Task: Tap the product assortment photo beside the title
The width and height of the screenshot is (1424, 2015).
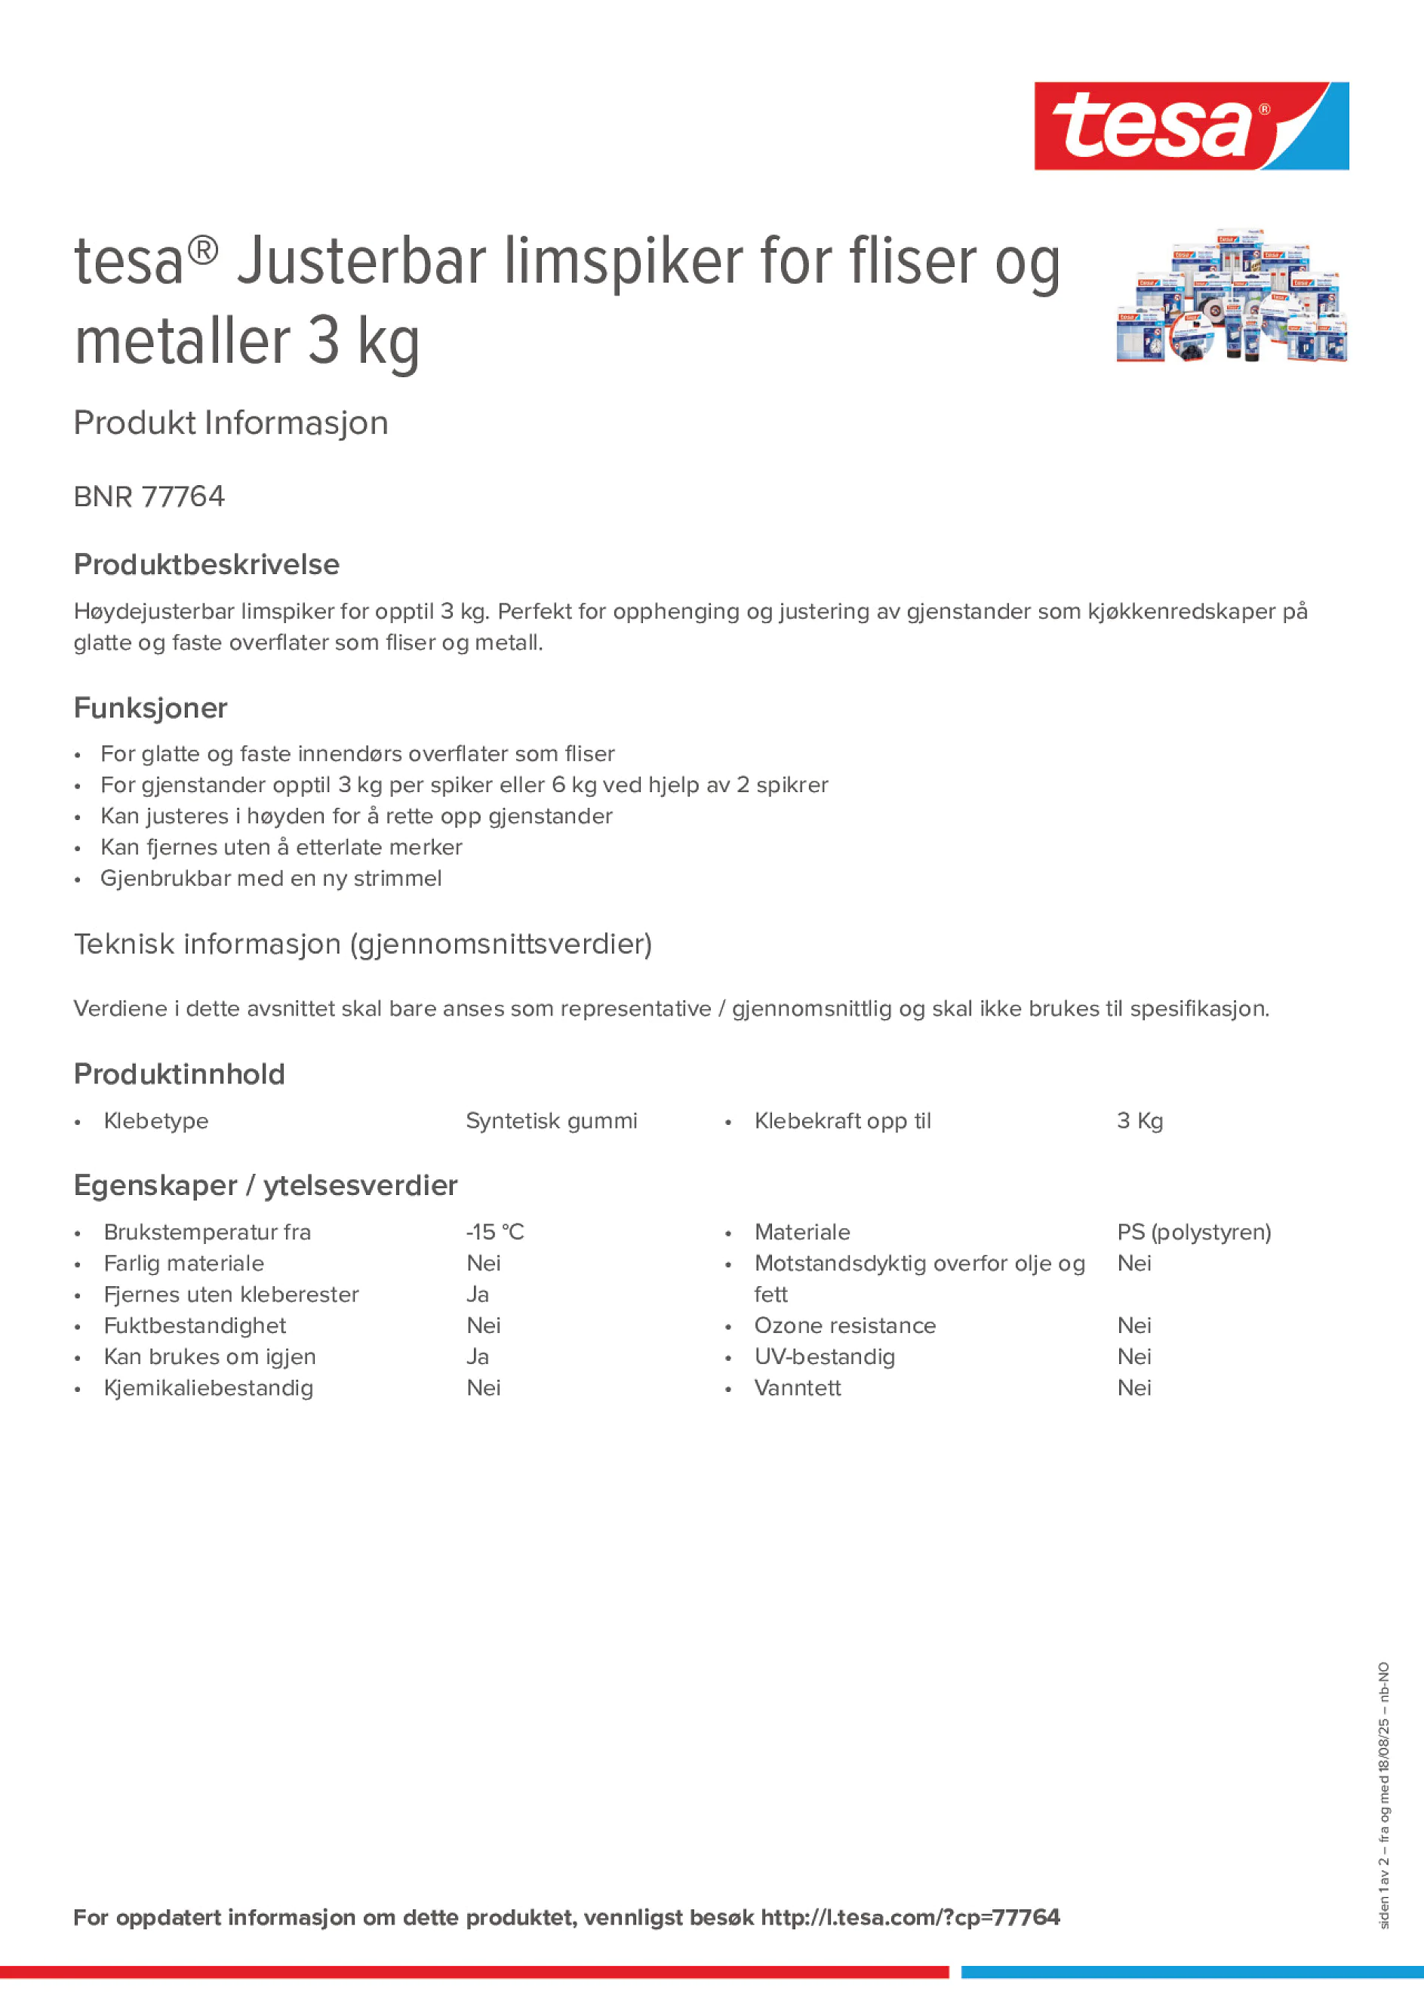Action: [1231, 296]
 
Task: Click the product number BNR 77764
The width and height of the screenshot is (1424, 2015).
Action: [149, 496]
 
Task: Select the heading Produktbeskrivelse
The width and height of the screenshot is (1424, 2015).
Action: [206, 564]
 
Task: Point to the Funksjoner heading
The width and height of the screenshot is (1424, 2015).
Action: [150, 708]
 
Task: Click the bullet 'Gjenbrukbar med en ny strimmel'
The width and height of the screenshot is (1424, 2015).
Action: [270, 878]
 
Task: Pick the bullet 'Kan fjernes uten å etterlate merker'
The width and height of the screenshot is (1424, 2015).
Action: [281, 847]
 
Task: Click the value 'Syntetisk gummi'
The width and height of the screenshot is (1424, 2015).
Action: [552, 1121]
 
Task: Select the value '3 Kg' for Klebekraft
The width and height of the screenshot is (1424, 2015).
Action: [1140, 1121]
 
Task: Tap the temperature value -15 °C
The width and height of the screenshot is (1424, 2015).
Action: [495, 1232]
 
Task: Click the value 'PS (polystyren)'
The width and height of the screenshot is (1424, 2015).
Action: [1194, 1232]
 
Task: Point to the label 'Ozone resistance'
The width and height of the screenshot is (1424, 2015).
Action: [844, 1325]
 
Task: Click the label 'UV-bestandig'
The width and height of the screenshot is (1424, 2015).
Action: [824, 1357]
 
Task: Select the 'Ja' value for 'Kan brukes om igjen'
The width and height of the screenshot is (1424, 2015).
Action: [478, 1357]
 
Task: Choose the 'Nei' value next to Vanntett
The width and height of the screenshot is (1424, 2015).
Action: [1134, 1387]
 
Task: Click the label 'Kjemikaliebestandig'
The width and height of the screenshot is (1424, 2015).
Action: [208, 1387]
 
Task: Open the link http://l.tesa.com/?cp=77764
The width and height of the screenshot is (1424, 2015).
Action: [909, 1917]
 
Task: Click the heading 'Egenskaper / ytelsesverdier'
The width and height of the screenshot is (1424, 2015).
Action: [265, 1186]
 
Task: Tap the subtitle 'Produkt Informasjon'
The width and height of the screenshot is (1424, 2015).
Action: [231, 423]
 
